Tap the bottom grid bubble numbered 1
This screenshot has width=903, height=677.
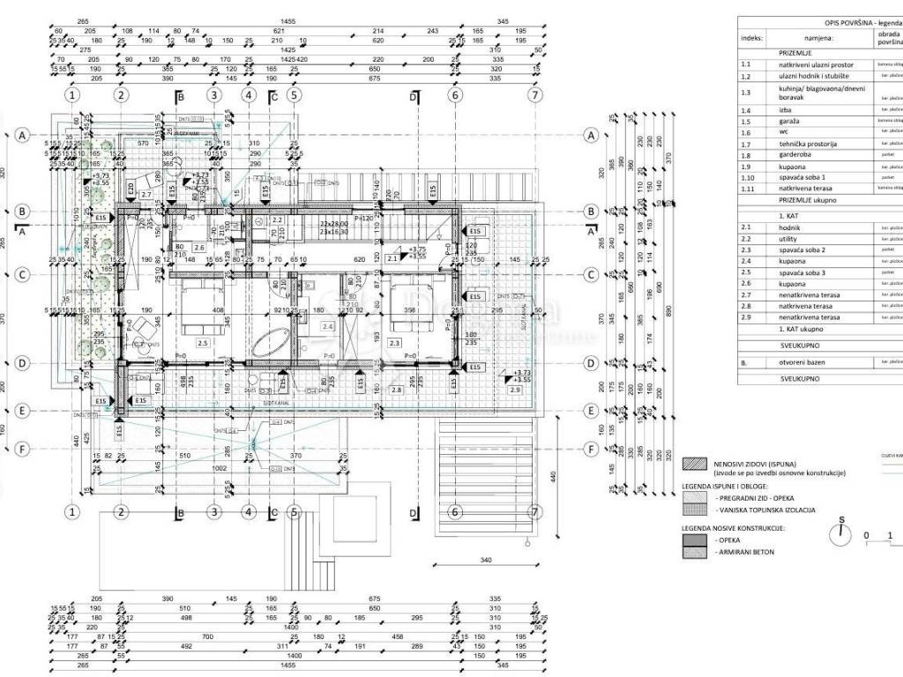pos(72,512)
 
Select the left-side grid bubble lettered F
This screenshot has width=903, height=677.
pos(22,449)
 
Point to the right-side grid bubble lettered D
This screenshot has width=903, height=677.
pos(593,363)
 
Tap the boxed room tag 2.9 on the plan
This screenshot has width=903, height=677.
pos(517,389)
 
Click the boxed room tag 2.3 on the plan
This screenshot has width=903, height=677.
pos(394,344)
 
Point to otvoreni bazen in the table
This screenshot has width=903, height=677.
pos(804,362)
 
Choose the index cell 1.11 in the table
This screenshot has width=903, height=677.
pos(749,189)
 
